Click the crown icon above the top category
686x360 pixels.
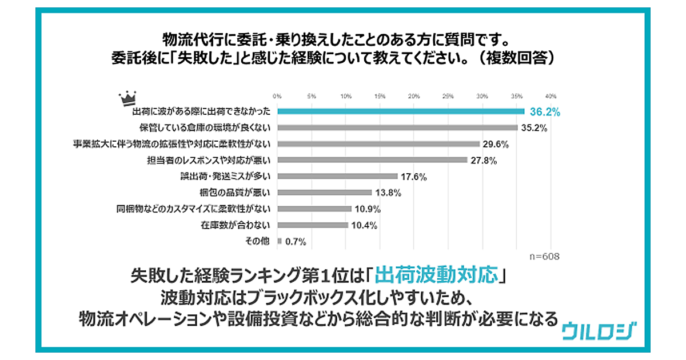tap(126, 98)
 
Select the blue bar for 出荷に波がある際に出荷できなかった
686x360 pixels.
tap(401, 111)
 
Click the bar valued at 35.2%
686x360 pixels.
tap(397, 127)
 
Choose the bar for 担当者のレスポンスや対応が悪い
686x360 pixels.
tap(372, 160)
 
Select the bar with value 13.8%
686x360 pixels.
tap(325, 193)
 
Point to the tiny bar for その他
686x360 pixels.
tap(279, 241)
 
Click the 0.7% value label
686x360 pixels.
tap(296, 242)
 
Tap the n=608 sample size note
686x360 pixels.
tap(543, 257)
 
